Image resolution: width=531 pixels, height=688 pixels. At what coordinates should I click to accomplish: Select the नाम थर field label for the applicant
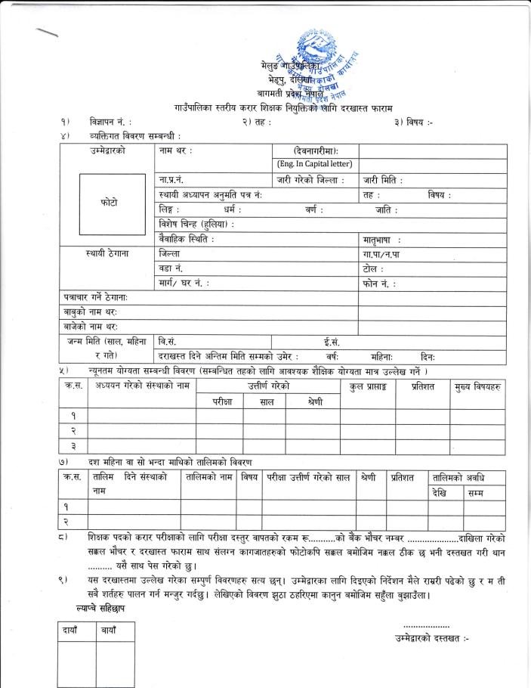[176, 152]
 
